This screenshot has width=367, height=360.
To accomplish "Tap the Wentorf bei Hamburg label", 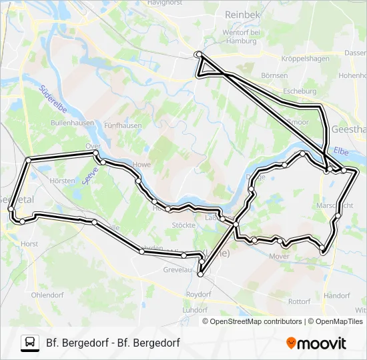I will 240,36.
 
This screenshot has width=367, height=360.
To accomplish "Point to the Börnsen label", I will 274,75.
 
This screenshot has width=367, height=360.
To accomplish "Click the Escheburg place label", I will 299,91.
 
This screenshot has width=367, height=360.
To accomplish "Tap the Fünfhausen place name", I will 121,125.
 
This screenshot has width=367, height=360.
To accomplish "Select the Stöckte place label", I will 183,225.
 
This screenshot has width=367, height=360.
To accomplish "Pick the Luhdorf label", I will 195,310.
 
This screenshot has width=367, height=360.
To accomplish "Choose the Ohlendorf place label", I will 47,294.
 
